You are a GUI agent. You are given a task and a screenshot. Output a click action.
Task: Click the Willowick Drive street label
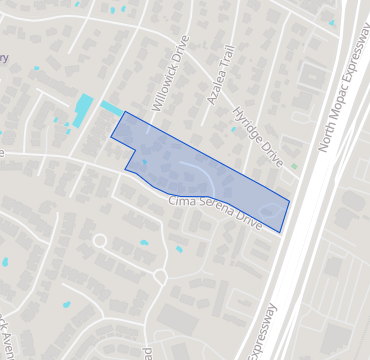169,73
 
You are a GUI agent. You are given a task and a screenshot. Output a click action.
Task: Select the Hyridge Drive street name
258,136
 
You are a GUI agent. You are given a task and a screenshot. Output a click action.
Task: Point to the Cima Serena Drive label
216,213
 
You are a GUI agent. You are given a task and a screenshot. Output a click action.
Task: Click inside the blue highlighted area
220,175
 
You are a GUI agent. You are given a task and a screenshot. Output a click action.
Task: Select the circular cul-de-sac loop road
99,241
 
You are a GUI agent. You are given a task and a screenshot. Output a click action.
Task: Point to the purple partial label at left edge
3,58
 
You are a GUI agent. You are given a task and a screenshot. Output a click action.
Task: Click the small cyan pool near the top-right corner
332,21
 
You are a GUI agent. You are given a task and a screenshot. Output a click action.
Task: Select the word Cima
181,205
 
